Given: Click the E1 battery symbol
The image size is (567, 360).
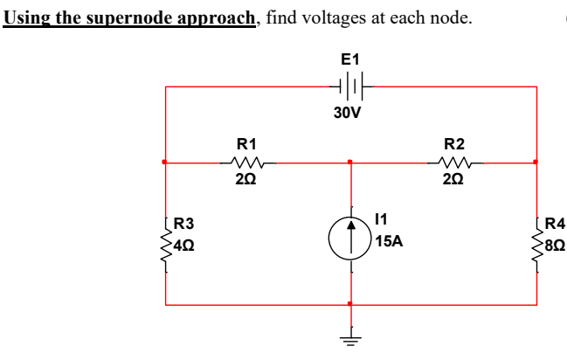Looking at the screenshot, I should point(350,87).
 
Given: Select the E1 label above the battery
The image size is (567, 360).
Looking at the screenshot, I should point(350,59).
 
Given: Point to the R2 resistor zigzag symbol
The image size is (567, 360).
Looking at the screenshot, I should point(454,163).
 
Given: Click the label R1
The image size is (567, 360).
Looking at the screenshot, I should point(247,143).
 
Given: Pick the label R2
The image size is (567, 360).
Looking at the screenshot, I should point(454,143).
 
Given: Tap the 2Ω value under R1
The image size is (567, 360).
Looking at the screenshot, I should point(246,180).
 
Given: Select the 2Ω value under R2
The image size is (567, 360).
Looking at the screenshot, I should point(454,180).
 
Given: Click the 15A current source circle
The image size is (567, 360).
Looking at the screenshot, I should point(350,233).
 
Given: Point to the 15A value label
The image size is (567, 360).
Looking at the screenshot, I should point(389,241).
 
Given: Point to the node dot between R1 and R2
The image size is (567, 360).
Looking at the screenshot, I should point(350,163).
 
